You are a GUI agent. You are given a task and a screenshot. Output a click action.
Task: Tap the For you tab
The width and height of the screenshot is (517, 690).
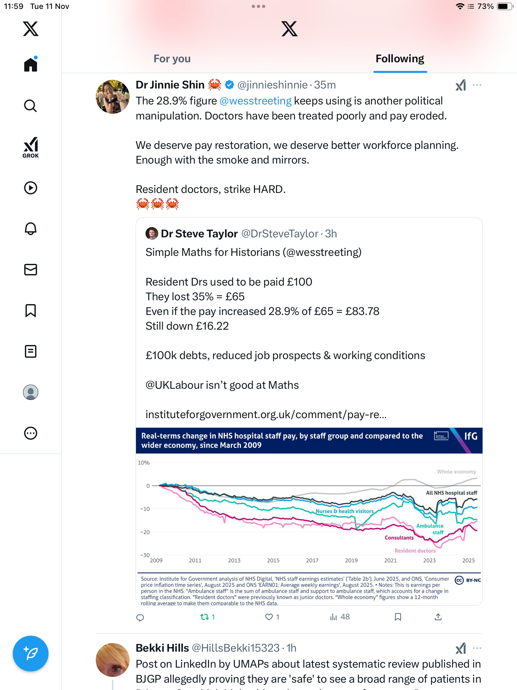click(x=172, y=59)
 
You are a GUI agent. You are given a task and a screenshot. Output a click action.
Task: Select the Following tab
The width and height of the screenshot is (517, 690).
click(x=400, y=59)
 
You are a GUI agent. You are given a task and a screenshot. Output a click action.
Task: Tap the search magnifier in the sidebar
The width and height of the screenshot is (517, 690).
click(x=31, y=106)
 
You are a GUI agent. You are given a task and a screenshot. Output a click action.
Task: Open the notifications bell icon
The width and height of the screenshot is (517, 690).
click(x=31, y=229)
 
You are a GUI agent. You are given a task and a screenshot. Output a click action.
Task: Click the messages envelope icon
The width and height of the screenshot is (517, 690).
click(x=31, y=270)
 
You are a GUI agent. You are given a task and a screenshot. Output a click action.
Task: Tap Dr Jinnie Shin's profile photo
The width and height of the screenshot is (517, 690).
click(x=112, y=97)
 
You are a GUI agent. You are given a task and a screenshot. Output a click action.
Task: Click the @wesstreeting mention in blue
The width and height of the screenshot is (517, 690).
click(x=255, y=101)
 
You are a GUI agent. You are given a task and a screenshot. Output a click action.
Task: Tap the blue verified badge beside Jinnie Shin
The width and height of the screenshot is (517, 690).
click(x=229, y=85)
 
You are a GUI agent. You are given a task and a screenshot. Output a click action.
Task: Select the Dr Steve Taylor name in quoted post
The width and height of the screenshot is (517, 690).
click(x=199, y=234)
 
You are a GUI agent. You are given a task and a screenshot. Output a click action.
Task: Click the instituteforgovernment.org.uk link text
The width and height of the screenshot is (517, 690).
click(x=266, y=415)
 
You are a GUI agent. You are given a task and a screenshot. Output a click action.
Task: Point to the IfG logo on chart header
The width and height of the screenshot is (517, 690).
click(x=470, y=436)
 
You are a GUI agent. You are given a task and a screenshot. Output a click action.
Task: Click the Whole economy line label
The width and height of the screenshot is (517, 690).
click(x=456, y=472)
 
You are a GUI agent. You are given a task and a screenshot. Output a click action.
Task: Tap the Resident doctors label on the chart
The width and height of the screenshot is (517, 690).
click(x=415, y=551)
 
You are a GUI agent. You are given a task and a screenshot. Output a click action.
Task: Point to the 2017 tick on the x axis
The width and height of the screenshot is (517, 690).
click(x=312, y=561)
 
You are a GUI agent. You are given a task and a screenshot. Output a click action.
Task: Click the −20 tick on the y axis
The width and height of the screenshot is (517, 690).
click(x=145, y=532)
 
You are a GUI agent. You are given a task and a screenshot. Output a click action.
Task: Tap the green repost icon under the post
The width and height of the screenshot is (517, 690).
click(x=204, y=617)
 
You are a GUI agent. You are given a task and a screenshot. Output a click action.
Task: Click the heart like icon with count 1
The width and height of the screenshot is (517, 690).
click(x=269, y=617)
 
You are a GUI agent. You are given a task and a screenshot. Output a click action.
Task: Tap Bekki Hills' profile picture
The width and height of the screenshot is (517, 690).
click(x=112, y=660)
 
